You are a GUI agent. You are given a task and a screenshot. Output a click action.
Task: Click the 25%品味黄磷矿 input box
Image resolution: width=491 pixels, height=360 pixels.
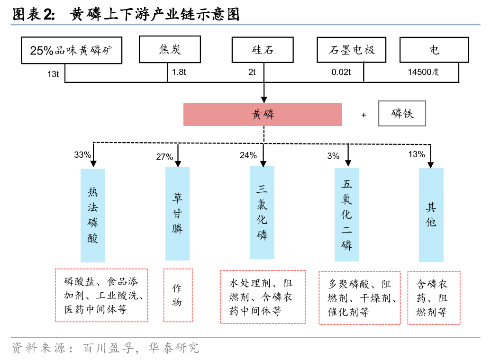click(x=72, y=50)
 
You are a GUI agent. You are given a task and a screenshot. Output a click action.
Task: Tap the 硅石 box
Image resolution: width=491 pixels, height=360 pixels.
click(x=262, y=50)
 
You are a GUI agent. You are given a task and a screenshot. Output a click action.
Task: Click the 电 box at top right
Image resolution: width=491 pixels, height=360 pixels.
click(x=434, y=50)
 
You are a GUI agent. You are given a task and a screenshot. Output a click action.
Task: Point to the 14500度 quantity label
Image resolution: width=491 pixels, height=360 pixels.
click(x=424, y=72)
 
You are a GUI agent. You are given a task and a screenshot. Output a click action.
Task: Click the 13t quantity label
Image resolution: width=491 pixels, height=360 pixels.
click(x=53, y=73)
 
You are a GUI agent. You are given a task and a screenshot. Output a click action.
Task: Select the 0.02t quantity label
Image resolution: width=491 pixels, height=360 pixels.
click(x=341, y=72)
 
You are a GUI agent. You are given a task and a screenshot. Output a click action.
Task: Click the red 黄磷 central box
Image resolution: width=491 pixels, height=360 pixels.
click(x=263, y=115)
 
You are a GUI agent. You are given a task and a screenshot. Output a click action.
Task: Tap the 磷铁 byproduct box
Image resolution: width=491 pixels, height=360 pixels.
click(x=402, y=114)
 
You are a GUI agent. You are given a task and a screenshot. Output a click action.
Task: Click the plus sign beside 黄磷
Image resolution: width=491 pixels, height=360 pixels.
click(x=364, y=115)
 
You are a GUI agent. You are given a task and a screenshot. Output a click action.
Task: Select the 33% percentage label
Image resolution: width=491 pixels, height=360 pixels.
click(x=82, y=155)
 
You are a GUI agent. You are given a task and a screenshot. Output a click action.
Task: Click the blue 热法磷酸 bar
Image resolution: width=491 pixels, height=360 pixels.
click(x=93, y=215)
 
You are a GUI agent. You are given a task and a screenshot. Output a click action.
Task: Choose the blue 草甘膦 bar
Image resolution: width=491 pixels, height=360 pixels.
click(x=177, y=213)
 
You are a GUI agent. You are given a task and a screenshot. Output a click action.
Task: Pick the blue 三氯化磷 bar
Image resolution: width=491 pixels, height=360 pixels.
click(x=262, y=212)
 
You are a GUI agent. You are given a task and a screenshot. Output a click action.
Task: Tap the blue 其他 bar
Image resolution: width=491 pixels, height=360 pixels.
click(x=431, y=215)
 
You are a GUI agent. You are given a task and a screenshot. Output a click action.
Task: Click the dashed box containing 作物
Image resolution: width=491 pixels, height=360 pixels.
click(x=178, y=295)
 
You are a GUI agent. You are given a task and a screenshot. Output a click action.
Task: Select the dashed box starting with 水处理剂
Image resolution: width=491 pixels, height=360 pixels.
click(x=263, y=297)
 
